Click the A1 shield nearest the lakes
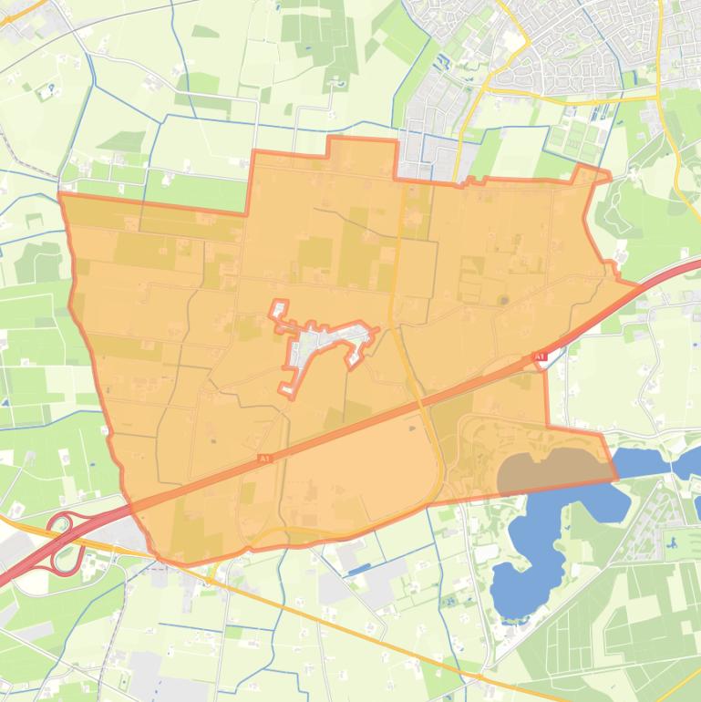tap(538, 356)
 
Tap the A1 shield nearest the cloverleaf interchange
tap(264, 459)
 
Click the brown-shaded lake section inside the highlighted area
tap(547, 471)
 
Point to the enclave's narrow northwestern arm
tap(278, 311)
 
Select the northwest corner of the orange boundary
tap(61, 194)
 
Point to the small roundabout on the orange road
tap(210, 577)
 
